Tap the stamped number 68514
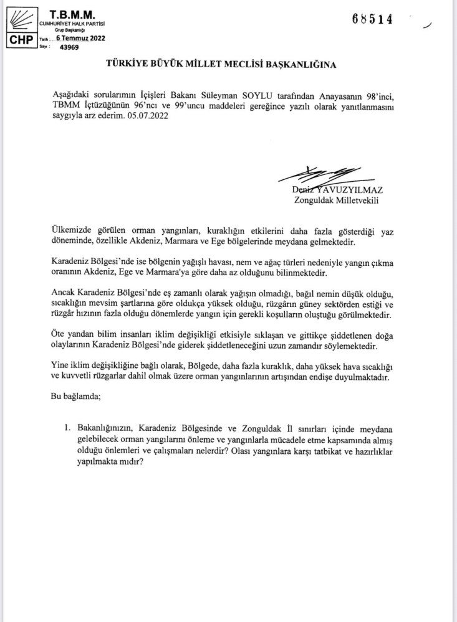coord(372,19)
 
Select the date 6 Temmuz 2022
coord(80,38)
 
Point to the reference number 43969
coord(69,47)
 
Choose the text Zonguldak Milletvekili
coord(337,200)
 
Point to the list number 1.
coord(67,429)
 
